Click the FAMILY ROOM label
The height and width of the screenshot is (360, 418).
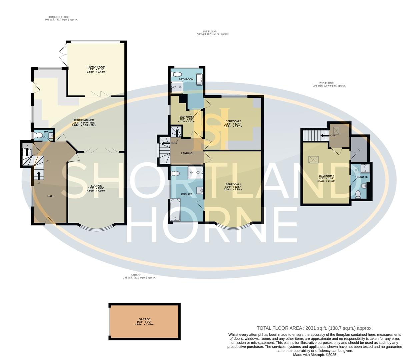tap(96, 67)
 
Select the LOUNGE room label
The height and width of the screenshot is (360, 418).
tap(96, 186)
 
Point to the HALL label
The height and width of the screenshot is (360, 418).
tap(51, 196)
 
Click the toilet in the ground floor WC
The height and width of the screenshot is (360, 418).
tap(39, 135)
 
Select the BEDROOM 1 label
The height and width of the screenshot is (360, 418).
tap(233, 184)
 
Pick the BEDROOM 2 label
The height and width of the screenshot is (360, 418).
tap(233, 121)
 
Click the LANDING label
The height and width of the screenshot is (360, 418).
tap(187, 153)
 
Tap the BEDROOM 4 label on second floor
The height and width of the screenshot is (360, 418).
tap(326, 176)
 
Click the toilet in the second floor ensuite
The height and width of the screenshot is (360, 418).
tap(358, 194)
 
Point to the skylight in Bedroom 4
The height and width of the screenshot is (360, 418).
tap(313, 160)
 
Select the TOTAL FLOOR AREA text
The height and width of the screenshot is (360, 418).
tap(314, 328)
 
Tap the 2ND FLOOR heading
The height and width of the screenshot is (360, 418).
tap(326, 83)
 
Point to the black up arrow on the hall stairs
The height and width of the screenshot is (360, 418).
tap(39, 175)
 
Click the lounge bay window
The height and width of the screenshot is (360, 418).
tap(96, 229)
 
